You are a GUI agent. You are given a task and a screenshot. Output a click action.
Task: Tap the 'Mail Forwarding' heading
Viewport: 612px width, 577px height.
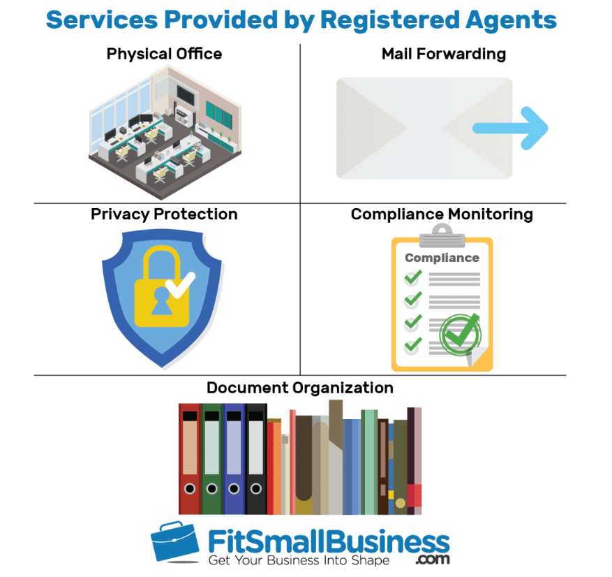point(444,54)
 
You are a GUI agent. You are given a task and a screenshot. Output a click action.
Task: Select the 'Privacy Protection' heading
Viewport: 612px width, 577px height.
point(164,214)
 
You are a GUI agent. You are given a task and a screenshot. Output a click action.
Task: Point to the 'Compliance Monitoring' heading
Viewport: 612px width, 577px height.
point(442,214)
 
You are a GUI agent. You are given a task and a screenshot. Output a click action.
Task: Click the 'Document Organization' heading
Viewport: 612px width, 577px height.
point(299,387)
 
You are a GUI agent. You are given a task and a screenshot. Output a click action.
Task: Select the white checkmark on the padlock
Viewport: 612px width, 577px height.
point(184,283)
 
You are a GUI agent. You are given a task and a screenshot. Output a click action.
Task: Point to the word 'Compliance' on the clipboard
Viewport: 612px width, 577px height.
point(442,257)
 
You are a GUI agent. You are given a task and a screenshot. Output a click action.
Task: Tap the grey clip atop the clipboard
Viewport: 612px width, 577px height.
point(442,233)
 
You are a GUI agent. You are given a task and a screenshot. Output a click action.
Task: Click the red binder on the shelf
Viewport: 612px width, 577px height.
point(189,458)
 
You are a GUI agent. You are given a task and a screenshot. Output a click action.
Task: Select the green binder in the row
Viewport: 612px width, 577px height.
point(211,458)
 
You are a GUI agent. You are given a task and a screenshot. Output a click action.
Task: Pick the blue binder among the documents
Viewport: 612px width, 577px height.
point(234,458)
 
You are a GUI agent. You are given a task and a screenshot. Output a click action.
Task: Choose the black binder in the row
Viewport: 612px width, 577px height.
point(256,458)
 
